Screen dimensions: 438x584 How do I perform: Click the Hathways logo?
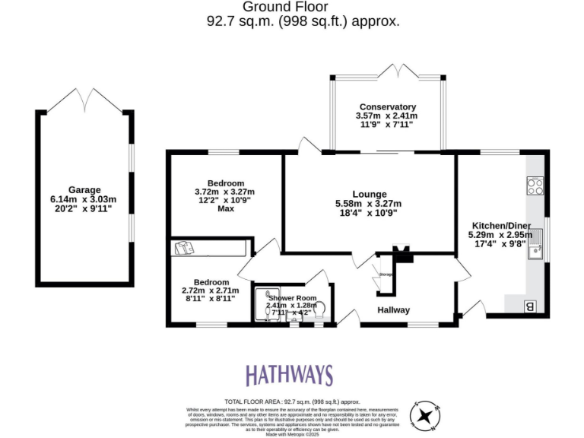coord(289,375)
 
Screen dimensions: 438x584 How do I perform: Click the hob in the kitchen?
coord(535,186)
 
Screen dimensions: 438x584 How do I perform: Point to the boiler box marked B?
coord(529,306)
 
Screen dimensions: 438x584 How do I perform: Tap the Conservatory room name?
coord(387,106)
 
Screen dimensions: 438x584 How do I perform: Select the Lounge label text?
coord(369,194)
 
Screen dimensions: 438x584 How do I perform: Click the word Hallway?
coord(394,309)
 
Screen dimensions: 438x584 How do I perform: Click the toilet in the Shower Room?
coord(319,309)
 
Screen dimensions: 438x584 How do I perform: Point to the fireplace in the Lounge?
coord(401,255)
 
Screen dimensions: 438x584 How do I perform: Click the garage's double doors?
coord(84,99)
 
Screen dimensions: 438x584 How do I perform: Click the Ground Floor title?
coord(292,7)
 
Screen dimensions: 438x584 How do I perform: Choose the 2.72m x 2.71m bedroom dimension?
coord(210,290)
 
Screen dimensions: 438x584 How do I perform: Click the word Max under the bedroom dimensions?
coord(225,208)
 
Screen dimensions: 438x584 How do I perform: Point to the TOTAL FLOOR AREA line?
coord(292,401)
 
